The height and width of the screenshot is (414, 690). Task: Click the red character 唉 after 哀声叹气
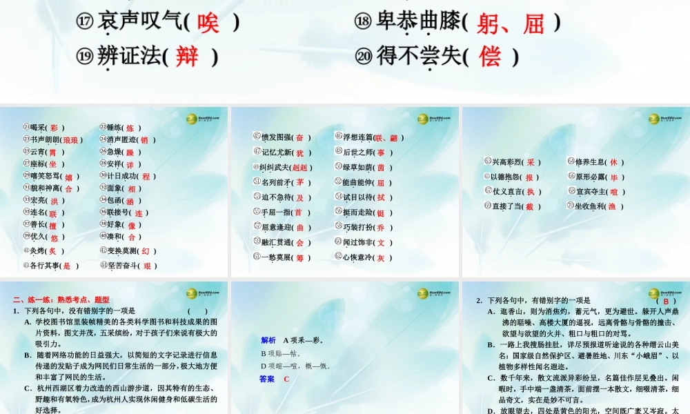point(208,23)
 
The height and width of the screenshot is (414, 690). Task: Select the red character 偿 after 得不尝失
point(490,56)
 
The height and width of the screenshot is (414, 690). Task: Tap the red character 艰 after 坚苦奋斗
point(146,265)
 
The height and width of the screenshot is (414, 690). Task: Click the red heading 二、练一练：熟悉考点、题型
point(61,299)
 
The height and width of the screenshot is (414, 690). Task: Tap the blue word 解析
point(268,340)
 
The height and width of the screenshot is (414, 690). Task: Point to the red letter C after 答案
point(286,379)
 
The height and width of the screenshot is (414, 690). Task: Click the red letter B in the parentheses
point(665,301)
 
